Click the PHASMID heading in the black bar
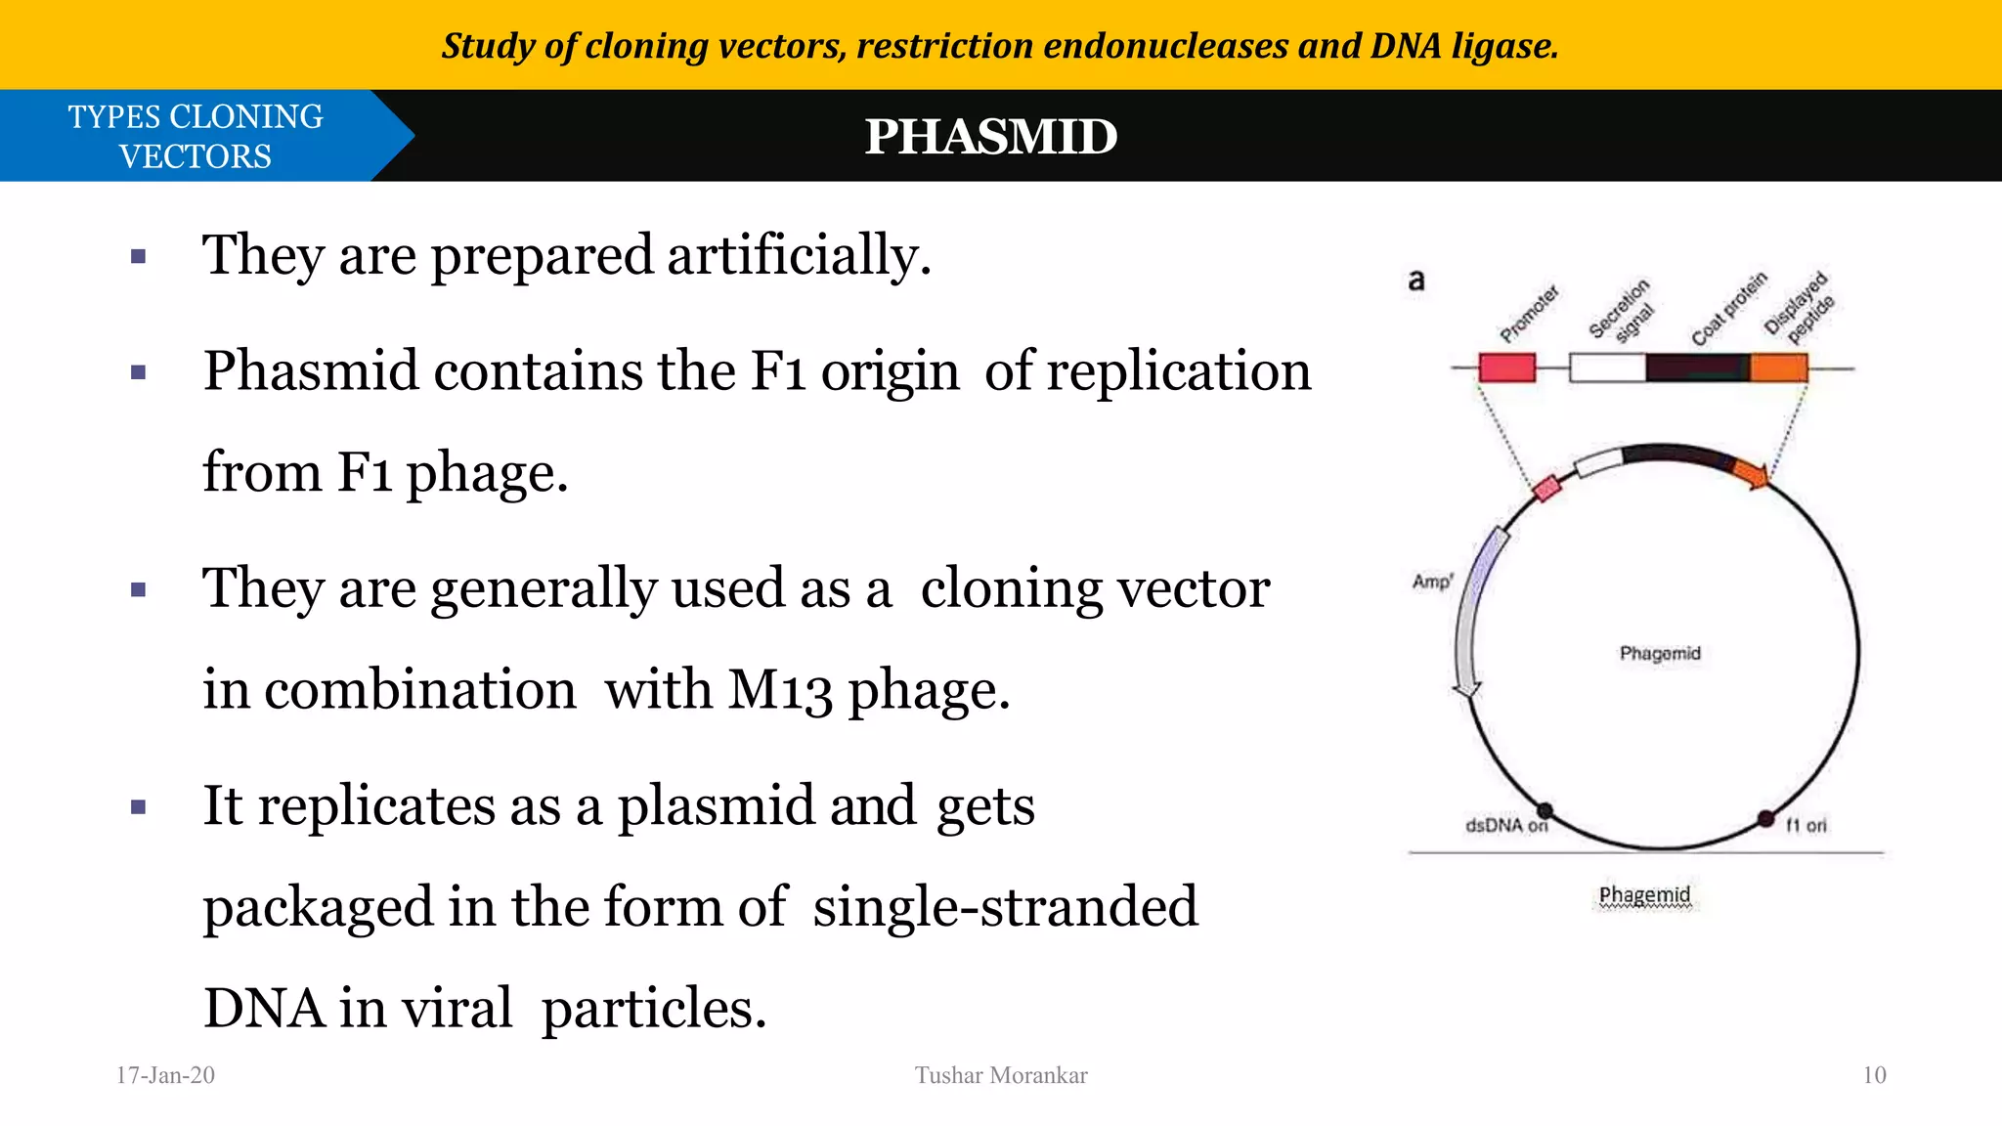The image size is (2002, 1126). (x=990, y=137)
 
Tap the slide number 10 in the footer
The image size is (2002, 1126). (x=1874, y=1075)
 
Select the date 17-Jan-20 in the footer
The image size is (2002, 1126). (x=165, y=1075)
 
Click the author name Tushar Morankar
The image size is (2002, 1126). (x=1001, y=1075)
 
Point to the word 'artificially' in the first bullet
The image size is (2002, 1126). (x=798, y=256)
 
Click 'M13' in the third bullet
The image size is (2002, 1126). (x=779, y=690)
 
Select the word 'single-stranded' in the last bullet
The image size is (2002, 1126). (x=1005, y=907)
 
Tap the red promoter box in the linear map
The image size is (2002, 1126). (x=1506, y=368)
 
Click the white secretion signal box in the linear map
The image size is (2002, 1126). (x=1607, y=368)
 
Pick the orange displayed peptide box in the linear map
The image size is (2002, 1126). (x=1778, y=368)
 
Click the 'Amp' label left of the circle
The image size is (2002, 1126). (x=1432, y=582)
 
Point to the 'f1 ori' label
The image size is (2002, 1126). (x=1806, y=826)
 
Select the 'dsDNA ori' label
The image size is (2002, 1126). (x=1505, y=826)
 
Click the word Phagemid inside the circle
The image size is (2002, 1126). (x=1660, y=653)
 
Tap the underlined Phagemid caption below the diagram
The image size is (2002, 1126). (x=1644, y=894)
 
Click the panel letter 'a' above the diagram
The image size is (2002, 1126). (x=1416, y=281)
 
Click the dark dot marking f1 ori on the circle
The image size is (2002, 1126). (x=1765, y=818)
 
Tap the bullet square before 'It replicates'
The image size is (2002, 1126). (x=139, y=807)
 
